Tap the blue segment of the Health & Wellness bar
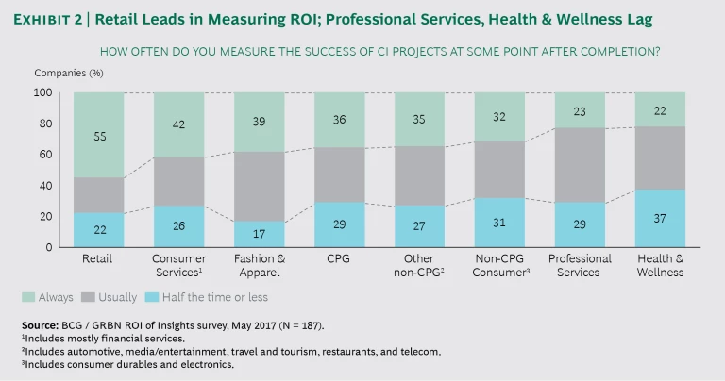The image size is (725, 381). tap(661, 218)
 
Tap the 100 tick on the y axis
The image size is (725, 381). tap(42, 92)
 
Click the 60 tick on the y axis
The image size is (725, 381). tap(44, 155)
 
